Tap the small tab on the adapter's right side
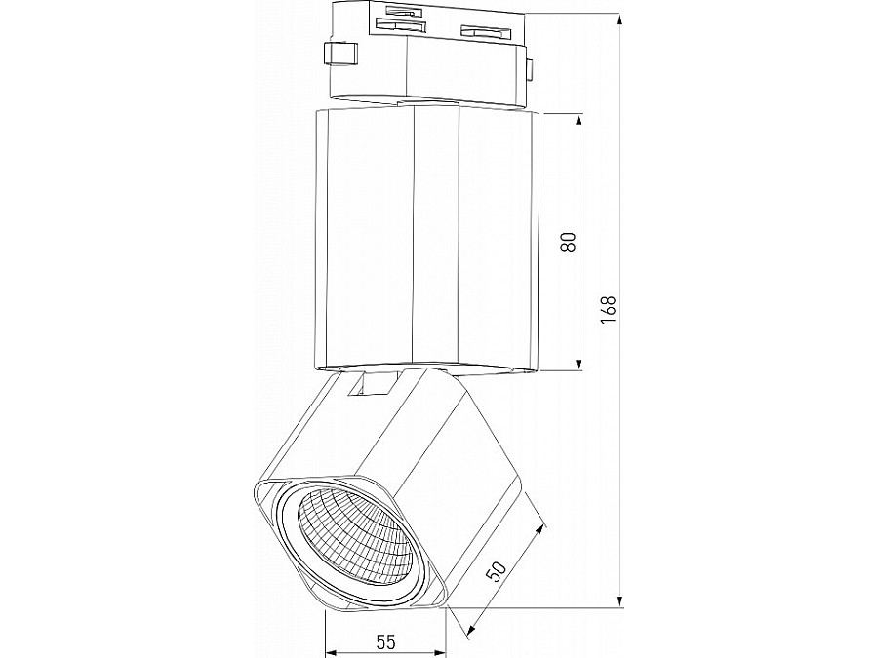click(530, 67)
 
